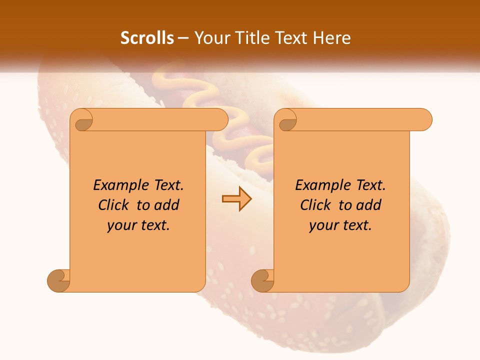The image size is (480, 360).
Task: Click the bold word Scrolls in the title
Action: (x=147, y=38)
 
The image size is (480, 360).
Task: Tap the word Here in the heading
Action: (x=332, y=38)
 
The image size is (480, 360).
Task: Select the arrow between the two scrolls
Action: (x=236, y=199)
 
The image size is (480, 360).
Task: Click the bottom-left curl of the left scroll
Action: (x=58, y=280)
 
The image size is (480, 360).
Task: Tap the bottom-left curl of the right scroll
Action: (x=262, y=280)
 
